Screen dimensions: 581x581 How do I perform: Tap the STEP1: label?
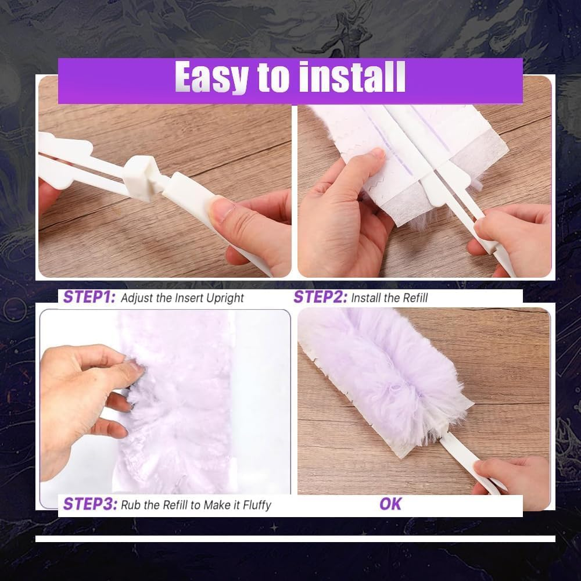[x=89, y=297]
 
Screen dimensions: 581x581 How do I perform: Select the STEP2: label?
[x=320, y=297]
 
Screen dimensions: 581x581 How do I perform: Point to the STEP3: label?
[x=89, y=504]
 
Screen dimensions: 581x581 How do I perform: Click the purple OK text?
[x=390, y=504]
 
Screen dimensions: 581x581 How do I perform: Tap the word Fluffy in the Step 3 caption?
[x=254, y=504]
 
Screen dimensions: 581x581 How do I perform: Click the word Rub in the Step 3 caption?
[x=130, y=504]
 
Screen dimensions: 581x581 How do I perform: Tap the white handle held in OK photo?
[x=465, y=459]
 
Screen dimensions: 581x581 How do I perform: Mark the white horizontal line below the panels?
[x=295, y=539]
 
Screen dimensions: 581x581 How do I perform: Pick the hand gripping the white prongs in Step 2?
[x=511, y=232]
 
